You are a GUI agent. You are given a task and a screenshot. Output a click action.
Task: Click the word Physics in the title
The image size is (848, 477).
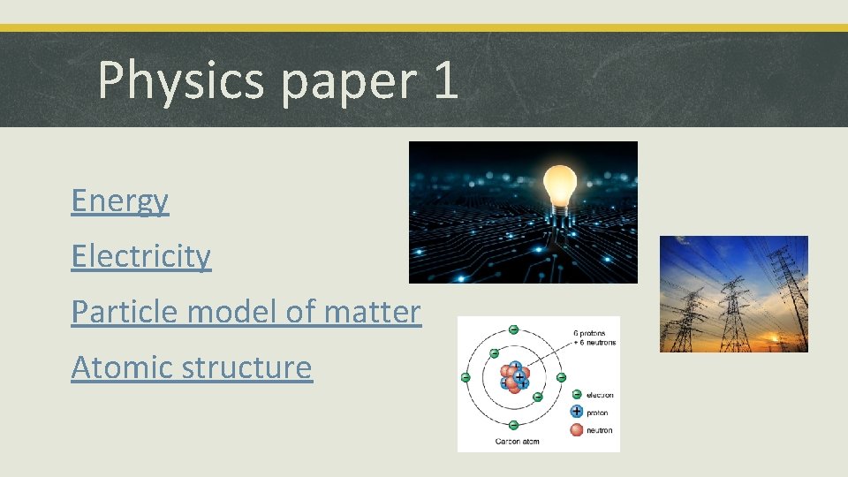[x=182, y=79]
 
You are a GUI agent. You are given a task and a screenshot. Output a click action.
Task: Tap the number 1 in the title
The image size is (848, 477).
[x=446, y=79]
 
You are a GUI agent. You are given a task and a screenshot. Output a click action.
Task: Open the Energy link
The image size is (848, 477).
[x=119, y=201]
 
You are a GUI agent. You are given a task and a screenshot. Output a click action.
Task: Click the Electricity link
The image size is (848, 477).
[x=141, y=256]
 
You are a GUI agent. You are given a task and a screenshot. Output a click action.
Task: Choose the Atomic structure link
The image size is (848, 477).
[x=191, y=367]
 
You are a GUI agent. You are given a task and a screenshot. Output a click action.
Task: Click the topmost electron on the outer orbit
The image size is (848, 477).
[x=514, y=329]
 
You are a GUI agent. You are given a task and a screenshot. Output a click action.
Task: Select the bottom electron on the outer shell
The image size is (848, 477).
[x=514, y=426]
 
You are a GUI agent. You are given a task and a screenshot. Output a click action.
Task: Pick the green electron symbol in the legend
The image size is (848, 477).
[x=577, y=395]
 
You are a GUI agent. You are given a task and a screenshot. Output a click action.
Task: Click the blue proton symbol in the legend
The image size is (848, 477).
[x=577, y=412]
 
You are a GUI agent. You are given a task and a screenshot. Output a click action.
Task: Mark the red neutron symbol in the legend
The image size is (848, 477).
[x=577, y=429]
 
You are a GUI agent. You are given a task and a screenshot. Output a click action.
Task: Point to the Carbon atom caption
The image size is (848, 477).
[x=518, y=440]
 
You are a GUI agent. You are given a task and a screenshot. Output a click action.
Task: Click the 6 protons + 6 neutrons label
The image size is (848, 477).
[x=593, y=337]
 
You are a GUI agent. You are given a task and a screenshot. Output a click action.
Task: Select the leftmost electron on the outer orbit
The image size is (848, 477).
[x=466, y=378]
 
